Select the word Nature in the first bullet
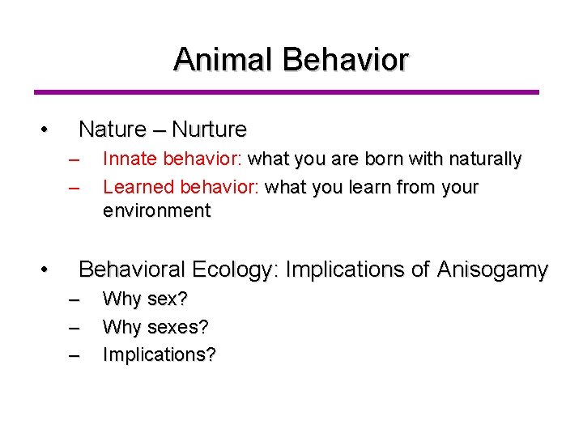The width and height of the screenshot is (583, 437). click(113, 129)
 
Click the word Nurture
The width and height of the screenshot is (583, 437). click(210, 129)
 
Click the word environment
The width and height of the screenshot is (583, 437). click(156, 211)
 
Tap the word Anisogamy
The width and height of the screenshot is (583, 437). click(492, 269)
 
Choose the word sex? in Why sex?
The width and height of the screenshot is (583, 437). click(168, 299)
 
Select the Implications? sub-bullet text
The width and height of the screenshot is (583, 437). click(159, 355)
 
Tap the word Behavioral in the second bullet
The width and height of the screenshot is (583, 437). click(135, 269)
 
